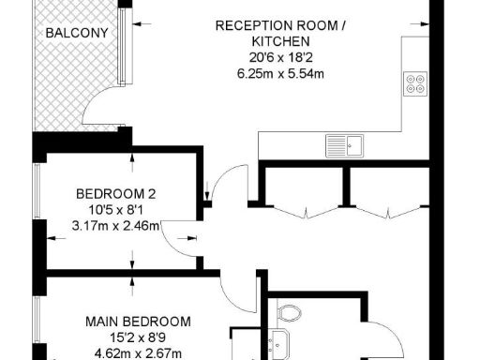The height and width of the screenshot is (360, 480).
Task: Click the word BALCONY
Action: (x=77, y=33)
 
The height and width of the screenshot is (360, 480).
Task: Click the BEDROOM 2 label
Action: (x=116, y=194)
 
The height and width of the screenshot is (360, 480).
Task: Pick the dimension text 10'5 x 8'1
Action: (x=116, y=210)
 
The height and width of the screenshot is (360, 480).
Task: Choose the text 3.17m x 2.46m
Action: (x=116, y=225)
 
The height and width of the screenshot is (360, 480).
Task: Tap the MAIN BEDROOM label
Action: (x=138, y=322)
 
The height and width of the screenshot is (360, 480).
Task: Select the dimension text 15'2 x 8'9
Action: (x=138, y=337)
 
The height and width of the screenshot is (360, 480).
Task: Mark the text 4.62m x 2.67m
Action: (x=138, y=352)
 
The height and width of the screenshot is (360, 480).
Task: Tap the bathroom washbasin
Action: (x=279, y=343)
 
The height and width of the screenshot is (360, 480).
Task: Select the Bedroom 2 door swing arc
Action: (x=178, y=240)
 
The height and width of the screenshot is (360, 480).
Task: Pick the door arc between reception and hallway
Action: (x=221, y=185)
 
